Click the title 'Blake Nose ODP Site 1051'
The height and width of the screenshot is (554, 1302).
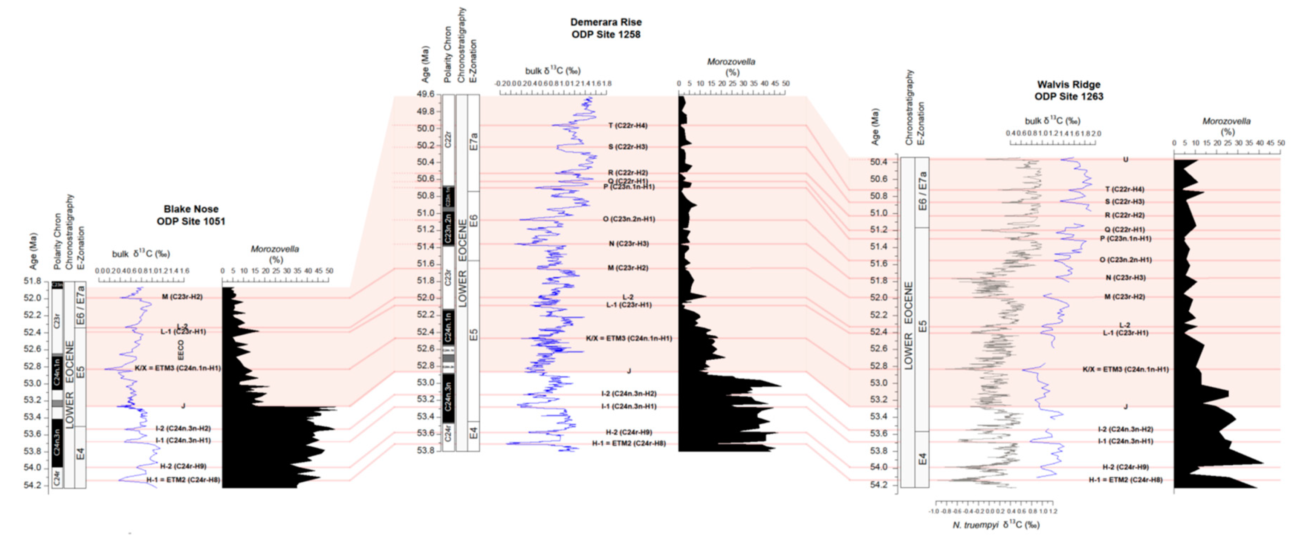[x=191, y=215]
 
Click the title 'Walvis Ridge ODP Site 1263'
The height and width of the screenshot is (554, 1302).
[x=1068, y=90]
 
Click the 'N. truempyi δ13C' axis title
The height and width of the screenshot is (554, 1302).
[x=996, y=525]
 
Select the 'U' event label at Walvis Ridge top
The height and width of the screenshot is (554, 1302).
[x=1125, y=160]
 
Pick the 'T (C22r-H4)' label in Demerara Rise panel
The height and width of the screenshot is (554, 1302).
[x=628, y=125]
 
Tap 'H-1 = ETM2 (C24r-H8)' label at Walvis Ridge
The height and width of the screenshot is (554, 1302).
[x=1125, y=480]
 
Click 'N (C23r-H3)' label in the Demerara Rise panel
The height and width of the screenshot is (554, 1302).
[x=628, y=243]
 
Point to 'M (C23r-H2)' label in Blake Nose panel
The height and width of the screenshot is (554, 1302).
[x=182, y=297]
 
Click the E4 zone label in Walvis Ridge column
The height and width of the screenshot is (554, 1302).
[x=922, y=459]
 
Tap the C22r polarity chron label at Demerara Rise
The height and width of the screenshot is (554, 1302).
[x=448, y=139]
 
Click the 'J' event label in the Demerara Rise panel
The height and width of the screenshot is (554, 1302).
[x=629, y=371]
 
